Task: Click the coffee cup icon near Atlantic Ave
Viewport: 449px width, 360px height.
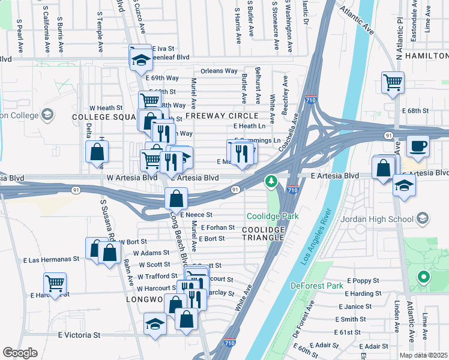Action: click(x=418, y=145)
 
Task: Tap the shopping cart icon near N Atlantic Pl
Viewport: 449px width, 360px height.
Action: click(x=393, y=82)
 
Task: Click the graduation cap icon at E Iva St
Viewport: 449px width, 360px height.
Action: click(x=141, y=58)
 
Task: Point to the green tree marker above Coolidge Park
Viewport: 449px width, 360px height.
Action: click(x=271, y=181)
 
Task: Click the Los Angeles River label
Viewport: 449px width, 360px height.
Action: click(x=312, y=239)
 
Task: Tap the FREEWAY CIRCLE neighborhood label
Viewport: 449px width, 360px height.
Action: click(x=221, y=115)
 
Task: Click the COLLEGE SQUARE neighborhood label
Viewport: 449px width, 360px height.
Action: click(x=103, y=116)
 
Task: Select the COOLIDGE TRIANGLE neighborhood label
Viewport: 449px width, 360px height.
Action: click(x=263, y=233)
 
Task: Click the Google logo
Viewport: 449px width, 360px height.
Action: click(x=20, y=353)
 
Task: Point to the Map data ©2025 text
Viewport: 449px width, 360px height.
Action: click(x=423, y=355)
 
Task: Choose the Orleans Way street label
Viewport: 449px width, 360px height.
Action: click(x=219, y=71)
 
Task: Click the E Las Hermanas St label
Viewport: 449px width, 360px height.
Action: click(x=51, y=260)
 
